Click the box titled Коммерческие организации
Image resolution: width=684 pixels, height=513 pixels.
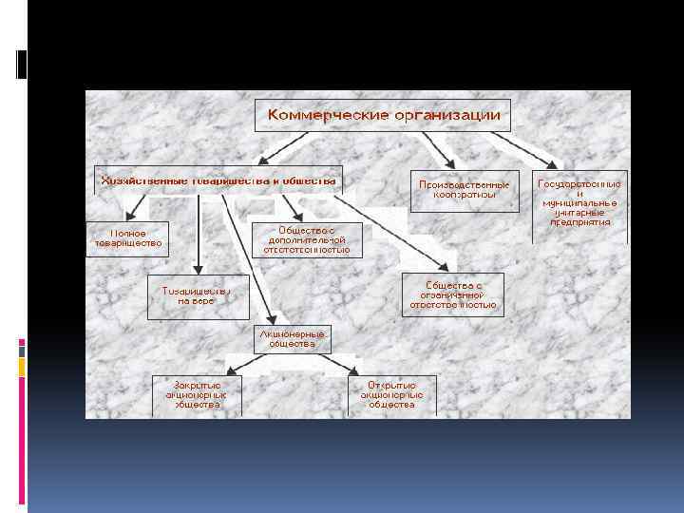point(383,116)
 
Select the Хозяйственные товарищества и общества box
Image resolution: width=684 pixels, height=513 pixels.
point(218,180)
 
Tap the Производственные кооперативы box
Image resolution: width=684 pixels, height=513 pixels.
point(465,189)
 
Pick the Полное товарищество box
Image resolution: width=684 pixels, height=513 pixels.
point(128,237)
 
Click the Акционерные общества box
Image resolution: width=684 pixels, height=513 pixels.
point(292,339)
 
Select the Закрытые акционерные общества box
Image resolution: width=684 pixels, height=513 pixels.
point(198,394)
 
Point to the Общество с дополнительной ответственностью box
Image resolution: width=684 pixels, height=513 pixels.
point(307,238)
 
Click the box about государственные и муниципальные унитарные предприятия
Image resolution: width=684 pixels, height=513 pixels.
point(579,201)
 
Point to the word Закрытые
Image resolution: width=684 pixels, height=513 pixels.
point(198,384)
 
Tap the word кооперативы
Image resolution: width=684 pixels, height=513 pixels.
point(465,195)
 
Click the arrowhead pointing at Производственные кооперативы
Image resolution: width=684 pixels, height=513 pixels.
point(447,164)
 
